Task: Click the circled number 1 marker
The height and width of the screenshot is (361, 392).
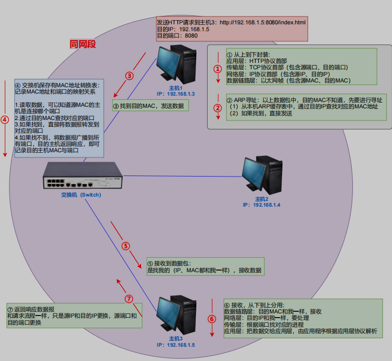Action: tap(217, 69)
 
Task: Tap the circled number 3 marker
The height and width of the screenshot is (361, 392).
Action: tap(129, 76)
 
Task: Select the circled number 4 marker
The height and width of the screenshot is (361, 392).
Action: tap(5, 119)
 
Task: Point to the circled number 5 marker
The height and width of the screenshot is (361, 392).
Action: tap(126, 246)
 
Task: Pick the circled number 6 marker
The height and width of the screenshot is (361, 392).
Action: tap(212, 319)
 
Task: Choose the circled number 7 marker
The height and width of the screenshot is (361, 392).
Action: tap(129, 298)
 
